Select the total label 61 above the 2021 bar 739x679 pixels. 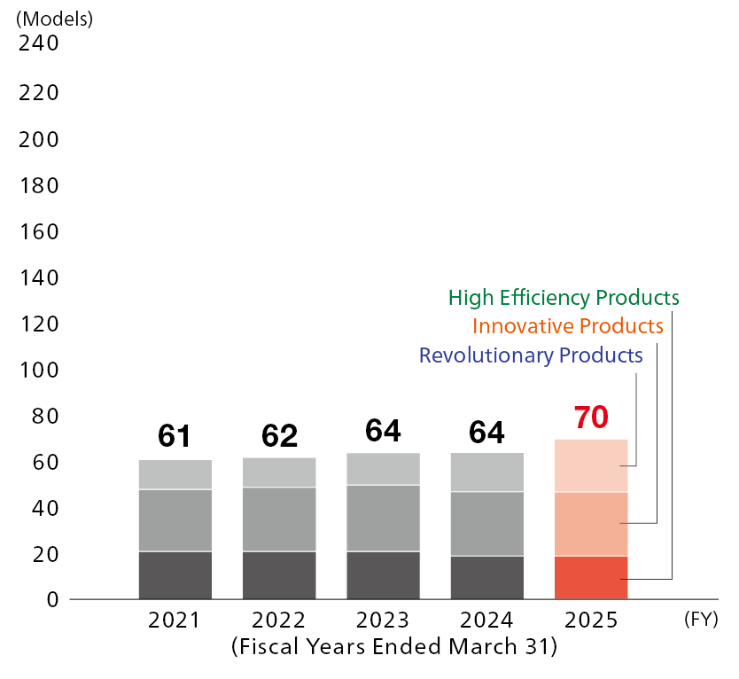click(175, 435)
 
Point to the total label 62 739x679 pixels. click(279, 435)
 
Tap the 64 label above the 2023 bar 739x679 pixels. click(383, 431)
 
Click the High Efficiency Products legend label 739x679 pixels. click(564, 297)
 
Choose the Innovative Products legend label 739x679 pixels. click(567, 326)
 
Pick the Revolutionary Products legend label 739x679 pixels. click(530, 356)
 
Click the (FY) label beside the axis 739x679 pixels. click(700, 620)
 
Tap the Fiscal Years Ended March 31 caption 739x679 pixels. click(393, 648)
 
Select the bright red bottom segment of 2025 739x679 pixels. click(591, 578)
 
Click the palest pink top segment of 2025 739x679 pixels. click(591, 465)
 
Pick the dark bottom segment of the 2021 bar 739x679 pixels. click(175, 575)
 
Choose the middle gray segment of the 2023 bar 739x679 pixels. click(383, 518)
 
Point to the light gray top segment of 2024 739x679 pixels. click(486, 472)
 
